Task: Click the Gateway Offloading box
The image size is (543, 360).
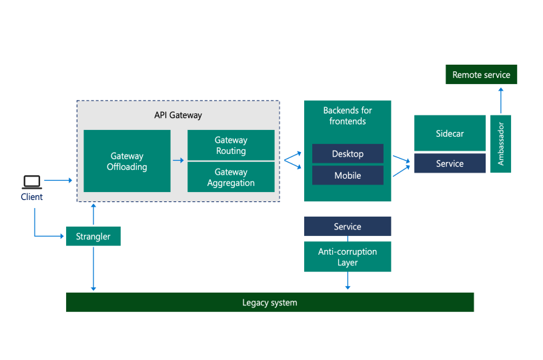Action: click(x=127, y=161)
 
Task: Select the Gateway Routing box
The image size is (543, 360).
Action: click(x=231, y=145)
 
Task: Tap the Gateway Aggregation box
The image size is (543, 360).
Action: click(x=231, y=177)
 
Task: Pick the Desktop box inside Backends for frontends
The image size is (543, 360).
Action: click(x=348, y=154)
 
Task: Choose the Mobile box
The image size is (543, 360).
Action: click(x=348, y=175)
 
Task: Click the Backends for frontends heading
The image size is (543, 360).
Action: click(x=348, y=116)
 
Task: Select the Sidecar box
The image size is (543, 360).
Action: click(x=449, y=133)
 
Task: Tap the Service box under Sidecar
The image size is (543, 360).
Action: click(x=449, y=163)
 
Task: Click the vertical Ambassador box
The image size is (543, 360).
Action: click(x=500, y=143)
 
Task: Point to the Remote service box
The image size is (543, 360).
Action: click(x=481, y=75)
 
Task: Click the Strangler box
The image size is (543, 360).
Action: click(x=93, y=236)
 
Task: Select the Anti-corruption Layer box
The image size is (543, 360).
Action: click(x=348, y=257)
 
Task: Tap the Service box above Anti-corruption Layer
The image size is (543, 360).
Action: click(x=348, y=227)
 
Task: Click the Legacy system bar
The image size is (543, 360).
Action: click(x=269, y=303)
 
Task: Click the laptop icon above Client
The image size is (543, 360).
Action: click(x=31, y=181)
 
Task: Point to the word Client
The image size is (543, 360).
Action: click(x=31, y=197)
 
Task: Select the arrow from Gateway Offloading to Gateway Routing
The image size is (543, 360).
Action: click(x=179, y=161)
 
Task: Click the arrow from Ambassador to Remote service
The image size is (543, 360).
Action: click(x=500, y=99)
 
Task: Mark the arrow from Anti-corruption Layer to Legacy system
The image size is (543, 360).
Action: click(x=348, y=281)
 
